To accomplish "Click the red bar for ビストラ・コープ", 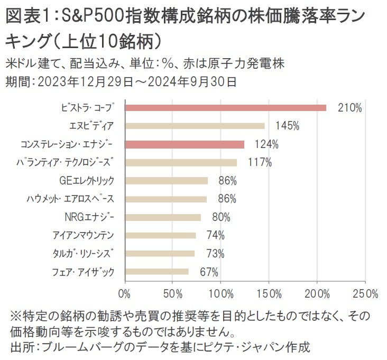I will [225, 108].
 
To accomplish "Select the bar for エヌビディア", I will [195, 126].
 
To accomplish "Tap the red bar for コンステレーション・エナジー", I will [185, 144].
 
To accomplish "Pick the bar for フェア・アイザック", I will [157, 272].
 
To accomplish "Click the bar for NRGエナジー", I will [163, 217].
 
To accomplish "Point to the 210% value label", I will [350, 108].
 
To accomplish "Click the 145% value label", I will [287, 126].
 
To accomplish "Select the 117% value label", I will [260, 162].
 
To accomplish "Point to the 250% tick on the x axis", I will [365, 293].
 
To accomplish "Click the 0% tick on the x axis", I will [125, 293].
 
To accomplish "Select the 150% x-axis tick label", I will [269, 293].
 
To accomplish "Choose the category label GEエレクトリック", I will [87, 181].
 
